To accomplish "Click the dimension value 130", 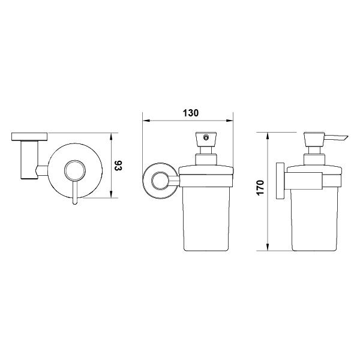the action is (191, 113).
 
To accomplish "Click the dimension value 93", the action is (118, 166).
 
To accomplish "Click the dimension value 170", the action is (260, 188).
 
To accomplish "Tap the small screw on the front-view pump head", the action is (206, 138).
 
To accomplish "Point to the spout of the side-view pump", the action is (336, 137).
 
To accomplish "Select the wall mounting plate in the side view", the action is (280, 181).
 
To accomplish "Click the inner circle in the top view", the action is (75, 170).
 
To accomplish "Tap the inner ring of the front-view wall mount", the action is (160, 181).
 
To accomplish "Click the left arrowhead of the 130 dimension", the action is (146, 121).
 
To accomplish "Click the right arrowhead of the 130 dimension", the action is (230, 121).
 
